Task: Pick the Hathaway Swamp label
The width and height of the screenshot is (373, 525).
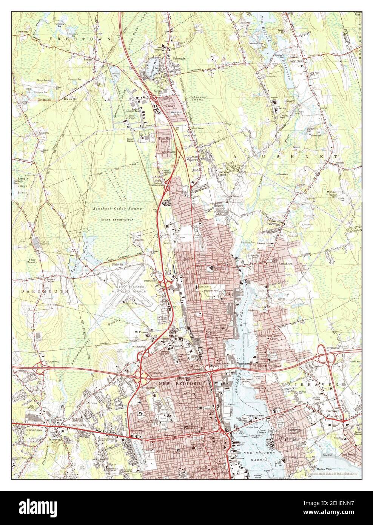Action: pyautogui.click(x=198, y=99)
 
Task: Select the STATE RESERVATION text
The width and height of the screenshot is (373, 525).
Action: pyautogui.click(x=117, y=219)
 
